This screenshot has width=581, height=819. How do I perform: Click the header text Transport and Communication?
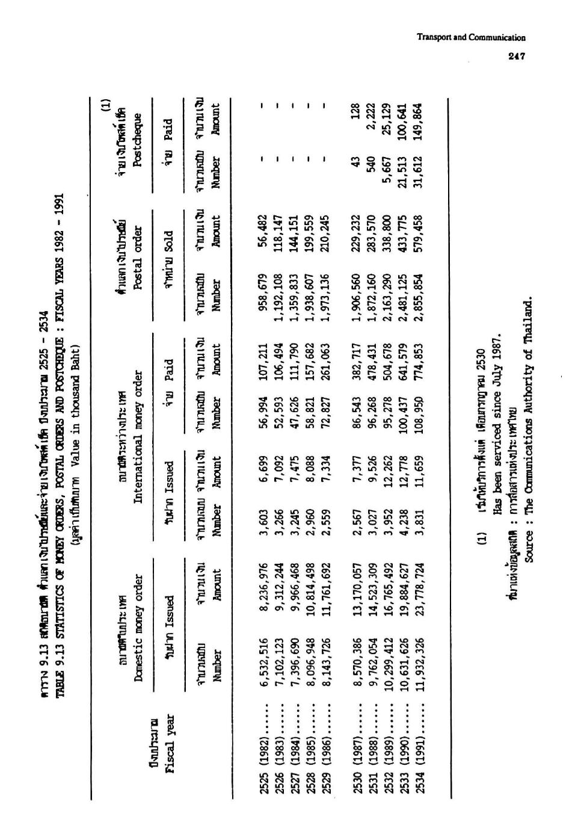(x=472, y=37)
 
